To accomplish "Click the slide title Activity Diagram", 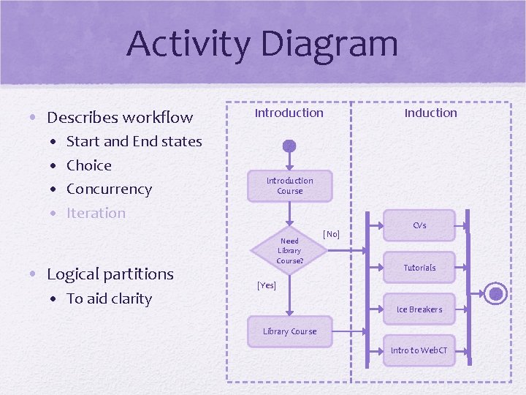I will point(262,43).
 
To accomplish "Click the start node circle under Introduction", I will point(289,146).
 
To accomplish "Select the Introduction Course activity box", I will point(289,186).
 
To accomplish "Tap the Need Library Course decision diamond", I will point(289,250).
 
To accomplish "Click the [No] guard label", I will point(331,234).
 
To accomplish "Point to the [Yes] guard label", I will point(267,285).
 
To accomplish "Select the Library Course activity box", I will point(289,331).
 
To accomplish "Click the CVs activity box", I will point(419,225).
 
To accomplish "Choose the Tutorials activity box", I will point(419,268).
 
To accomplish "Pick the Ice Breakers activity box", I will point(419,309).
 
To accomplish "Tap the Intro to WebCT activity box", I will point(419,350).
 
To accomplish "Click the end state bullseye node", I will point(497,294).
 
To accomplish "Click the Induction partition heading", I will point(430,113).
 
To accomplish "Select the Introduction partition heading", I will point(289,113).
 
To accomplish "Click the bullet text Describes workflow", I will point(120,117).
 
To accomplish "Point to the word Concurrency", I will point(109,189).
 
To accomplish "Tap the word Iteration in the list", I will point(96,213).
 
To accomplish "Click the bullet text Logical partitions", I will point(110,274).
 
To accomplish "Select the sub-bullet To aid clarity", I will point(109,298).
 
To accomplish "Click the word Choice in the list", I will point(89,165).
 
